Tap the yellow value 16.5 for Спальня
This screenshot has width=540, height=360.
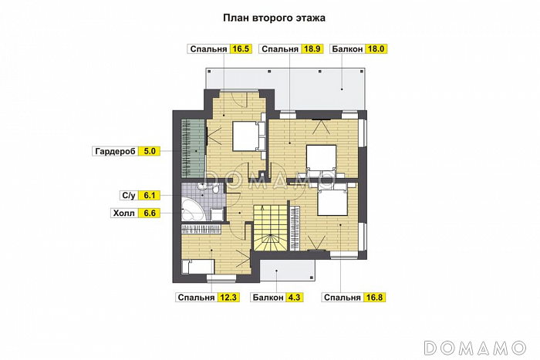click(x=241, y=49)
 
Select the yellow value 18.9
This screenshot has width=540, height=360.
click(x=312, y=49)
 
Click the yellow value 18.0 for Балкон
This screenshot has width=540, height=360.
click(x=376, y=49)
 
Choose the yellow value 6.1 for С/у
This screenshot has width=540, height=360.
click(x=150, y=196)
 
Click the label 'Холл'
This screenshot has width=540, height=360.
click(x=124, y=213)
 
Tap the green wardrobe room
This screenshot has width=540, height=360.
click(x=193, y=146)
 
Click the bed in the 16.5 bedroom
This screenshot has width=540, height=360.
click(x=247, y=136)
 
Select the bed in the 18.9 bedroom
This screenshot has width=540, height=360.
click(x=320, y=160)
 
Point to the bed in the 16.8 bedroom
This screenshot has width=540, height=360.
click(x=332, y=200)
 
